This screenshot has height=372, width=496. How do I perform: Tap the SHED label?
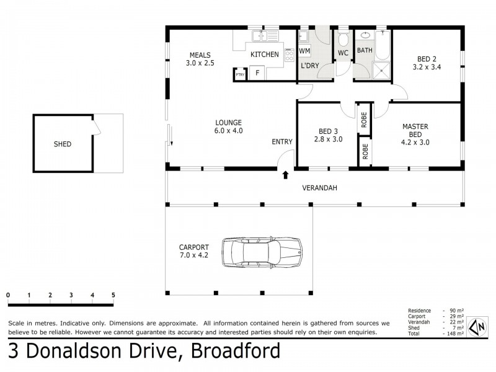pos(62,144)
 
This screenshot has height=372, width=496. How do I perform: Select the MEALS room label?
pos(200,55)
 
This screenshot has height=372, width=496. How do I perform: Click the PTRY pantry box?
pos(240,74)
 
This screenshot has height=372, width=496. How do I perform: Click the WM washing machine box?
pos(304,50)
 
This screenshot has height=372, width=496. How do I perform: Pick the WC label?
pos(343,53)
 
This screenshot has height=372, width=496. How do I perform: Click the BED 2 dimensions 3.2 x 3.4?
pos(428,68)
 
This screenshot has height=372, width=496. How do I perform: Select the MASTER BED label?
pos(415,130)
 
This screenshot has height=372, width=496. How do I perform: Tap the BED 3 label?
pos(329,131)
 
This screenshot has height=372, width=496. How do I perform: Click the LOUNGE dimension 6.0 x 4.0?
pos(228,131)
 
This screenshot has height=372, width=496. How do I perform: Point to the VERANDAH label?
pos(319,188)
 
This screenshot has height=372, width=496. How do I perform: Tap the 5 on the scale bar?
pos(113,295)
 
